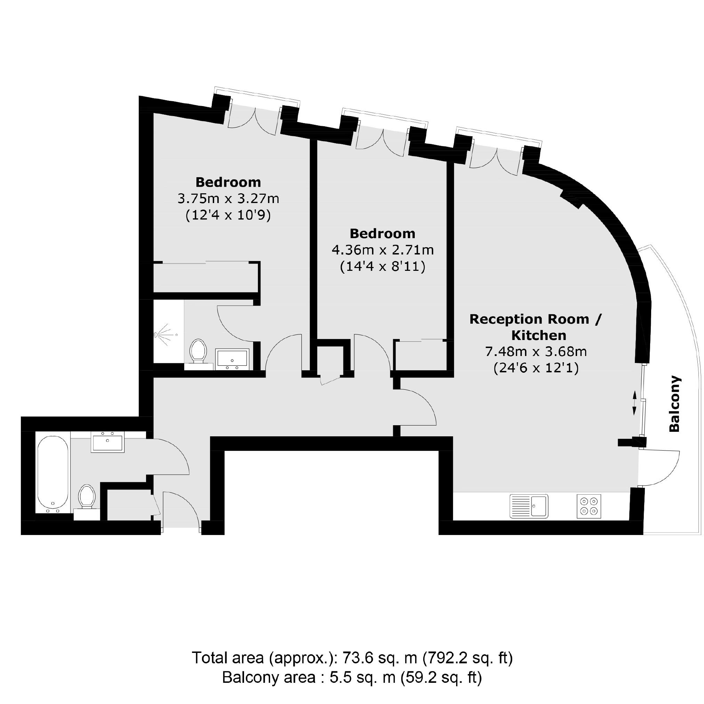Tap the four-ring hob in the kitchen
[589, 506]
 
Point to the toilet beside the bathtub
[87, 496]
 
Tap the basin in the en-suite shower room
[232, 358]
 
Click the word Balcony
[674, 404]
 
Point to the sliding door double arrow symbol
[634, 403]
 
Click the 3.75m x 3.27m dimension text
[228, 199]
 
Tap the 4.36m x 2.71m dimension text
[383, 250]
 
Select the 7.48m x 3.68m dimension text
[536, 351]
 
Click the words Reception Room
[529, 319]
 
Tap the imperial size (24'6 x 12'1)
[536, 368]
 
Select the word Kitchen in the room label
[539, 335]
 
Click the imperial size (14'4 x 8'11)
[383, 267]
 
